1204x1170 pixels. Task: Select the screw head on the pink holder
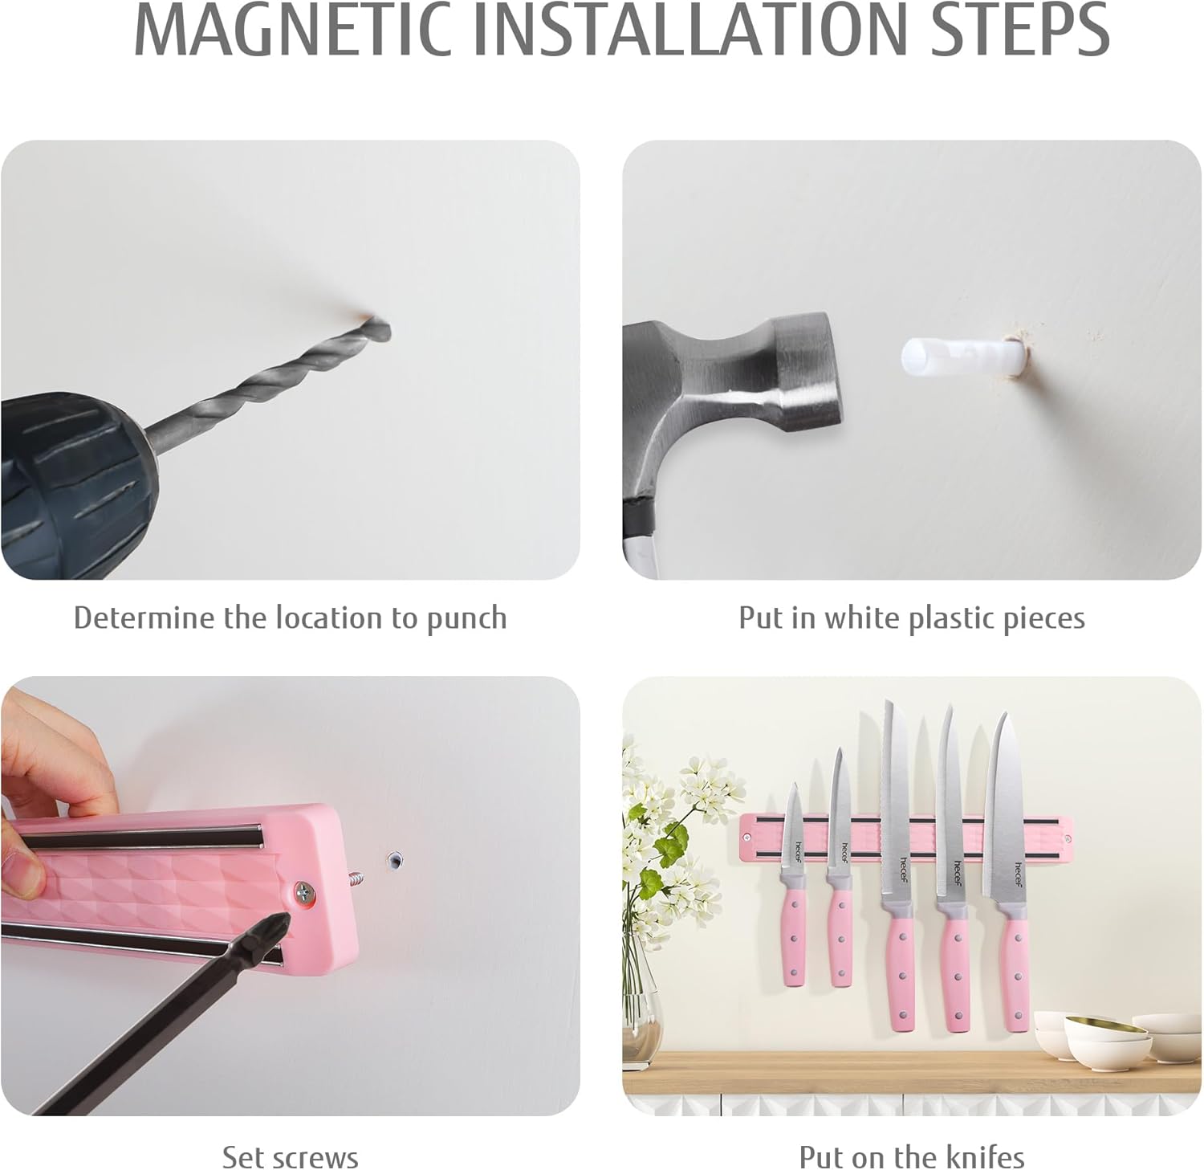pyautogui.click(x=305, y=891)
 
